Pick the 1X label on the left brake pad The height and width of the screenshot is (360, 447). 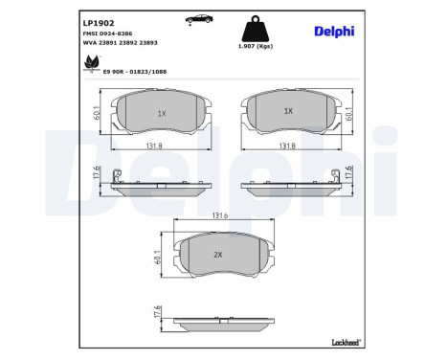tap(161, 112)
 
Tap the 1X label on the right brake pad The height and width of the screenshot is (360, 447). tap(287, 111)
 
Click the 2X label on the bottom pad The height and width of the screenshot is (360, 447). tap(218, 255)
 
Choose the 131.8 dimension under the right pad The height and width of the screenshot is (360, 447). tap(287, 147)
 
